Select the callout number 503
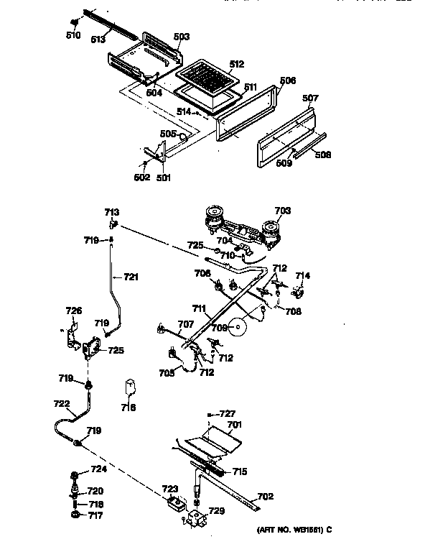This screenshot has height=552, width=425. coord(182,36)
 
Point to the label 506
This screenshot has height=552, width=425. coord(287,80)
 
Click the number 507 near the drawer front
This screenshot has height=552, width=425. coord(310,98)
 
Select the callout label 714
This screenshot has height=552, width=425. coord(303,276)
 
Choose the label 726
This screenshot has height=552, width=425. coord(74,311)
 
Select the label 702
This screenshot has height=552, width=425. coord(265,497)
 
